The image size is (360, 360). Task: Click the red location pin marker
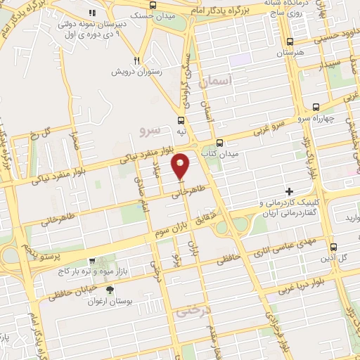[181, 166]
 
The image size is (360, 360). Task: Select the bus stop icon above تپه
[182, 120]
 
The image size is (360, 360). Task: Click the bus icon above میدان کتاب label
[219, 142]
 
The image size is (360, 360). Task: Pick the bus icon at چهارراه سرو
[316, 108]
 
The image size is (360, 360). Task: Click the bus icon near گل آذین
[334, 246]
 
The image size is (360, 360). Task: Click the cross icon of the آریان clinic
[288, 191]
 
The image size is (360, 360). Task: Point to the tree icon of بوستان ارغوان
[109, 289]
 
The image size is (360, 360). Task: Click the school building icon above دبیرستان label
[91, 13]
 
